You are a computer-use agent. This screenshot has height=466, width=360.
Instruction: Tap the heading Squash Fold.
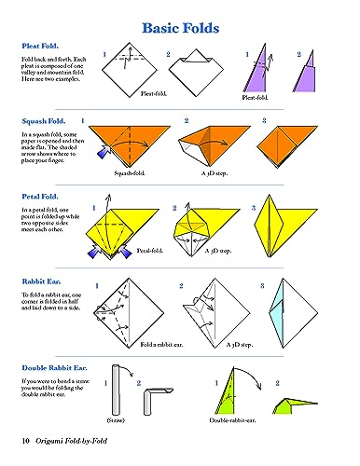[x=42, y=121]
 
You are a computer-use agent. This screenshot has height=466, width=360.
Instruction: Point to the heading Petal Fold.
[x=39, y=198]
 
